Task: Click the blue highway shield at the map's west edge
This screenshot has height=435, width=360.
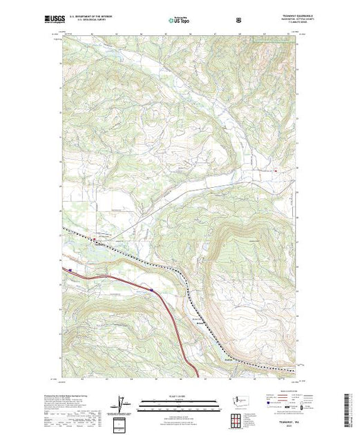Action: point(70,270)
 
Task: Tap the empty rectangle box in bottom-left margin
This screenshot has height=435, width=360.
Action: point(122,422)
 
